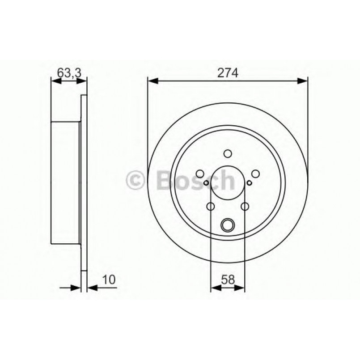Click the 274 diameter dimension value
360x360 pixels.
[227, 72]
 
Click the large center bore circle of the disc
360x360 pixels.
[227, 183]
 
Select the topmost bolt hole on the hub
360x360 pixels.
[227, 154]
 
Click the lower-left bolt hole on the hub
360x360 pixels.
[210, 206]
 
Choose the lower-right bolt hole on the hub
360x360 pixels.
[245, 206]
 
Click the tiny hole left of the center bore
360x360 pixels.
[206, 182]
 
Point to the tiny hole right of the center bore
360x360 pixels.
[249, 182]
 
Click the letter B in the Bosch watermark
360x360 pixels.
[165, 181]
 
